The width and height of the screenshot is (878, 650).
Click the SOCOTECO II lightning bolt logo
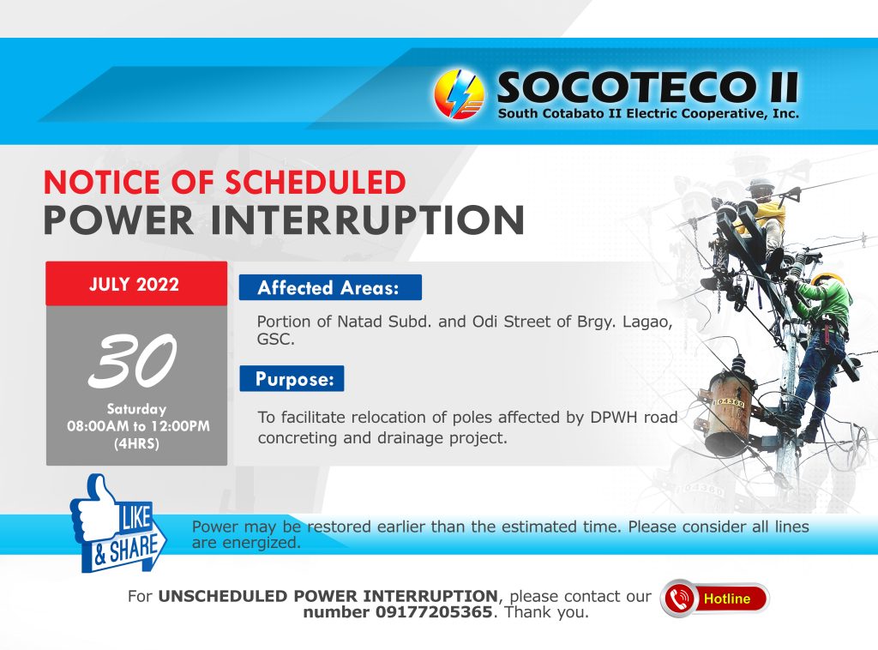click(x=459, y=94)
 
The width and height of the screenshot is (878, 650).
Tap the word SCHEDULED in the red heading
click(x=316, y=183)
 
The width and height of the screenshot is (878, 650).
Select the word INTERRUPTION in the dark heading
click(x=367, y=220)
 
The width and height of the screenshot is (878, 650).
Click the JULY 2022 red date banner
click(x=136, y=283)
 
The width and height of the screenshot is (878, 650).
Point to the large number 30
click(x=133, y=360)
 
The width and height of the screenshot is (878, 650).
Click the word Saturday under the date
click(x=136, y=409)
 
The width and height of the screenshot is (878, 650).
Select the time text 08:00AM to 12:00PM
click(x=138, y=426)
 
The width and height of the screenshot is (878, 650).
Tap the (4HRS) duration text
click(x=136, y=444)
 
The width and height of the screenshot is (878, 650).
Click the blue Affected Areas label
click(x=330, y=288)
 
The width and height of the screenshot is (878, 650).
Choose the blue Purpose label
click(x=292, y=379)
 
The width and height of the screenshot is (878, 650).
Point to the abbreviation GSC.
click(x=275, y=340)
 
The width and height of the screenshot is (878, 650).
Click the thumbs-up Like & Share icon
click(x=118, y=523)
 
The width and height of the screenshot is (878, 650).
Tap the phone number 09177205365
click(x=433, y=612)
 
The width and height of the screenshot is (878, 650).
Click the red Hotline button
click(x=715, y=599)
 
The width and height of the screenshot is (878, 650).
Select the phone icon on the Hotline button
click(x=679, y=599)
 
